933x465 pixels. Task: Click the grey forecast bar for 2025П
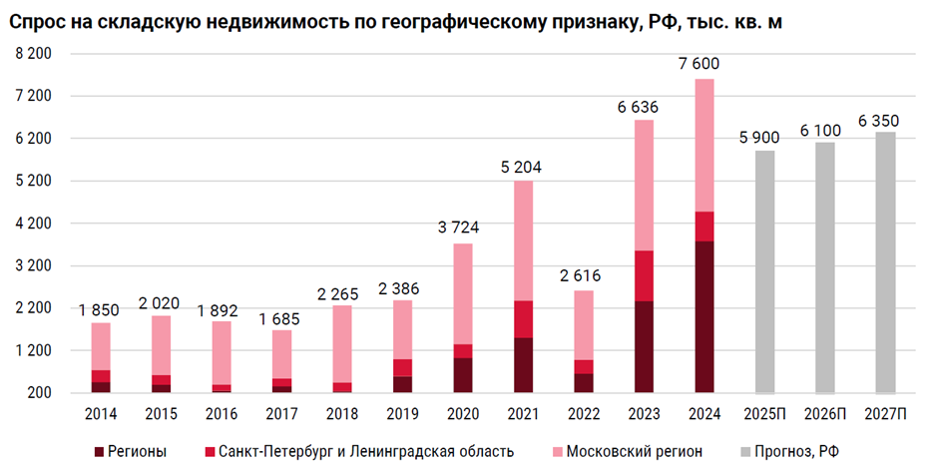tap(764, 271)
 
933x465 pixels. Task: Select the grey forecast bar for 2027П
tap(885, 262)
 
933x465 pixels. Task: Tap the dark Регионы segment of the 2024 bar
tap(704, 316)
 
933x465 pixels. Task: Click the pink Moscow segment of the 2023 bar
tap(644, 185)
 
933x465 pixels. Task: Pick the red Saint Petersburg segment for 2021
tap(523, 318)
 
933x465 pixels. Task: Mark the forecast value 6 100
tap(824, 130)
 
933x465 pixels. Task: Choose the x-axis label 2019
tap(401, 413)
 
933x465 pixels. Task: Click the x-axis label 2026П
tap(824, 413)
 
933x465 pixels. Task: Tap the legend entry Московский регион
tap(634, 451)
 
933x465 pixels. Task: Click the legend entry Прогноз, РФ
tap(796, 451)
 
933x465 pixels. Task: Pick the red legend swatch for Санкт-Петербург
tap(208, 451)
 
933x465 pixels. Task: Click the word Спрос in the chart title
tap(37, 21)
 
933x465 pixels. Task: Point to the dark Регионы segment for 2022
tap(583, 383)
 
